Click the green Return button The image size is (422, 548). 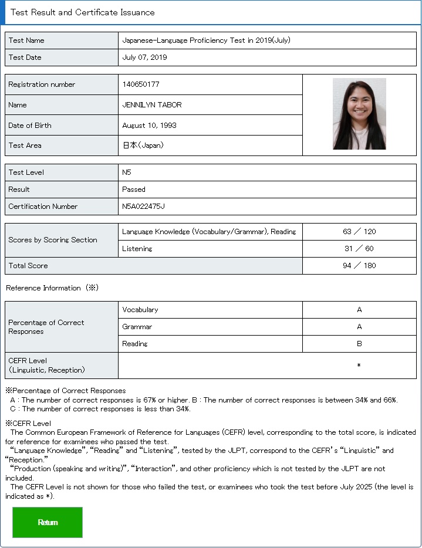pyautogui.click(x=48, y=522)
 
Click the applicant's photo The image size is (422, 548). pyautogui.click(x=359, y=114)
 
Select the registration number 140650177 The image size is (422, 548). pyautogui.click(x=141, y=84)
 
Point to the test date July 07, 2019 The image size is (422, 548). pyautogui.click(x=144, y=57)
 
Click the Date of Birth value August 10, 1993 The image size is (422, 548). pyautogui.click(x=149, y=126)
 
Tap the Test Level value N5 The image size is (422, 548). pyautogui.click(x=127, y=172)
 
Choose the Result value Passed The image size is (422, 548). pyautogui.click(x=134, y=190)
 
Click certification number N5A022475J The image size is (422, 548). pyautogui.click(x=143, y=207)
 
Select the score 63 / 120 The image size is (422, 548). pyautogui.click(x=359, y=232)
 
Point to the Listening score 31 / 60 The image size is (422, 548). pyautogui.click(x=359, y=249)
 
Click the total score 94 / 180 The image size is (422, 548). pyautogui.click(x=359, y=266)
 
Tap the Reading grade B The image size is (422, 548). pyautogui.click(x=359, y=344)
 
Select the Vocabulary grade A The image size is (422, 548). pyautogui.click(x=359, y=310)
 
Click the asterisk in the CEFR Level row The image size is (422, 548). pyautogui.click(x=359, y=366)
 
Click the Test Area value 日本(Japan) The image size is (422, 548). pyautogui.click(x=143, y=146)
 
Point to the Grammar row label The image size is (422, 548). pyautogui.click(x=137, y=327)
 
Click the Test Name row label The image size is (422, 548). pyautogui.click(x=26, y=40)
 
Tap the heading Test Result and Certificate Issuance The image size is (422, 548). pyautogui.click(x=83, y=12)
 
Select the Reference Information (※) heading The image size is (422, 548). pyautogui.click(x=52, y=288)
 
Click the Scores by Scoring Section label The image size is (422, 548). pyautogui.click(x=53, y=240)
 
